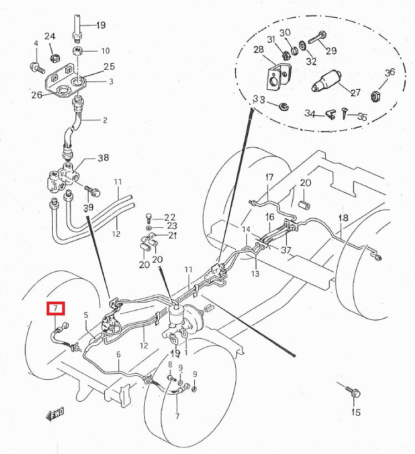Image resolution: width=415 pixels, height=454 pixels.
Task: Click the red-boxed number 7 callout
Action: [x=55, y=308]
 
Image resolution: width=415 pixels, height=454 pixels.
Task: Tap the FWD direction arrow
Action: [x=55, y=413]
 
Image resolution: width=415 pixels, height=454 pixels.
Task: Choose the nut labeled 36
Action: [x=374, y=96]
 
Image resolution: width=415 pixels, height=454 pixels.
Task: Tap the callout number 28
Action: [x=259, y=50]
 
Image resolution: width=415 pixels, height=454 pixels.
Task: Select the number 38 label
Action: [x=103, y=157]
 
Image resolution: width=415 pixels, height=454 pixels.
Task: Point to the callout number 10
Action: [x=105, y=51]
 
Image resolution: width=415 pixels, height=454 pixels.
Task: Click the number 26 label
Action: [x=37, y=95]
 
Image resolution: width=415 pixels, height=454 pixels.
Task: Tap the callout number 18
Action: [x=343, y=218]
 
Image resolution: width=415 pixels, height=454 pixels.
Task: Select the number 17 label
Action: [x=269, y=177]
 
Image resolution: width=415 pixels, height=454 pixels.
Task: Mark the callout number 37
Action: [x=286, y=250]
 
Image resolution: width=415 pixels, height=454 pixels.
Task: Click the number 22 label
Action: [x=170, y=217]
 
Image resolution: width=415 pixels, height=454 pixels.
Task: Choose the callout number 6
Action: [x=118, y=355]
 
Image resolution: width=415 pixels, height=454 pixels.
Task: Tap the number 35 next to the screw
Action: [x=362, y=117]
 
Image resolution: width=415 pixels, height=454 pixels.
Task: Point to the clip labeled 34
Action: [x=329, y=115]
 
